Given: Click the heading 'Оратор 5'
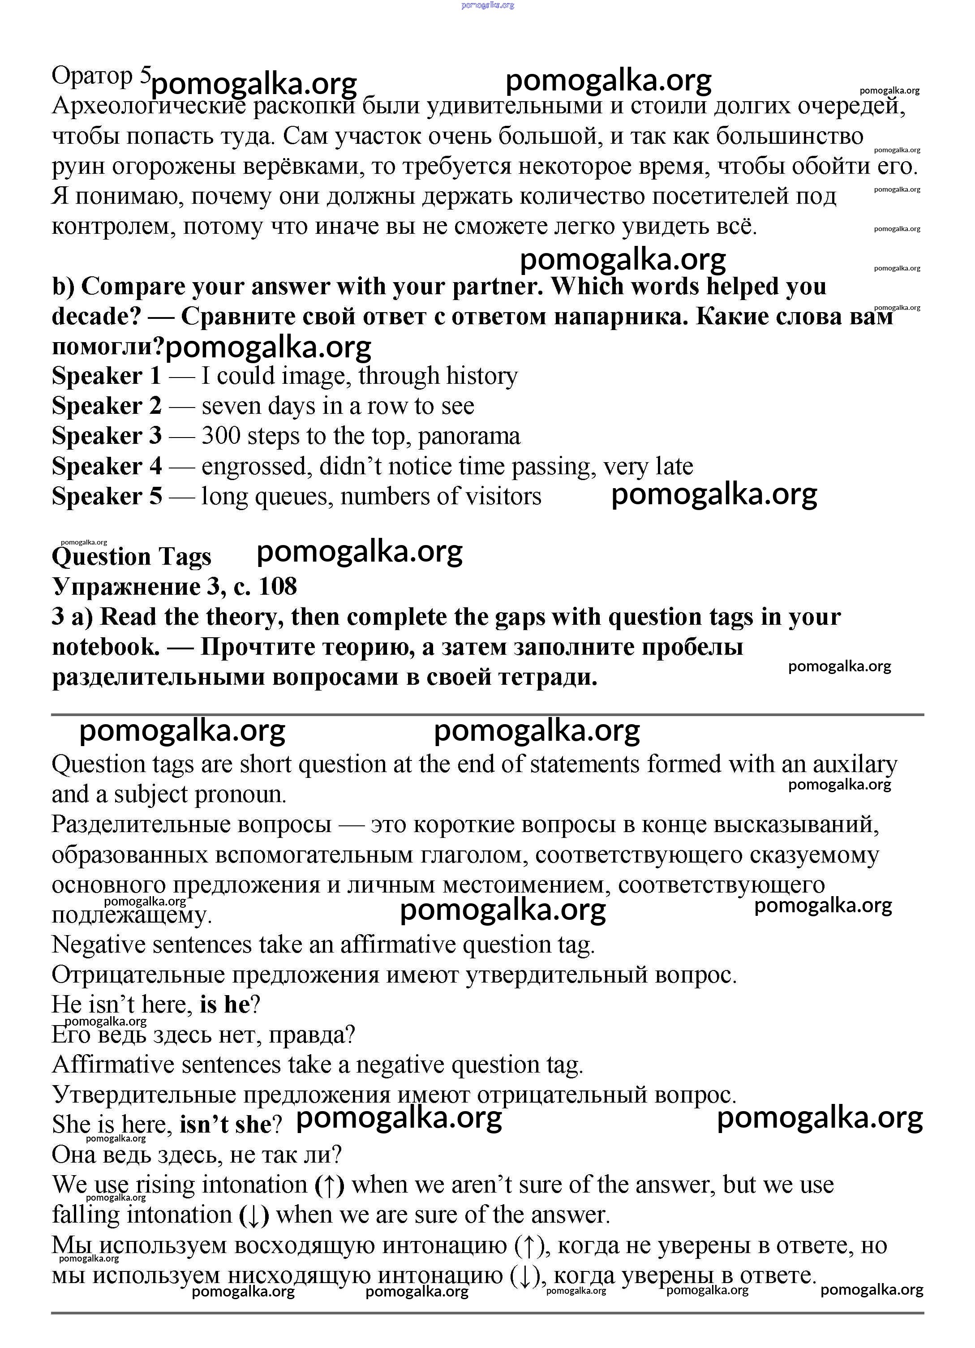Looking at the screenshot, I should click(x=102, y=77).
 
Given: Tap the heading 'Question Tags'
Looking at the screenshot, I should click(x=131, y=557).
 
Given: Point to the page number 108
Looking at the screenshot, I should click(x=278, y=587).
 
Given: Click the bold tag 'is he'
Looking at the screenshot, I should click(x=225, y=1005).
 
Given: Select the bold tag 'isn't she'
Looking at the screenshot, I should click(x=225, y=1125).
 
